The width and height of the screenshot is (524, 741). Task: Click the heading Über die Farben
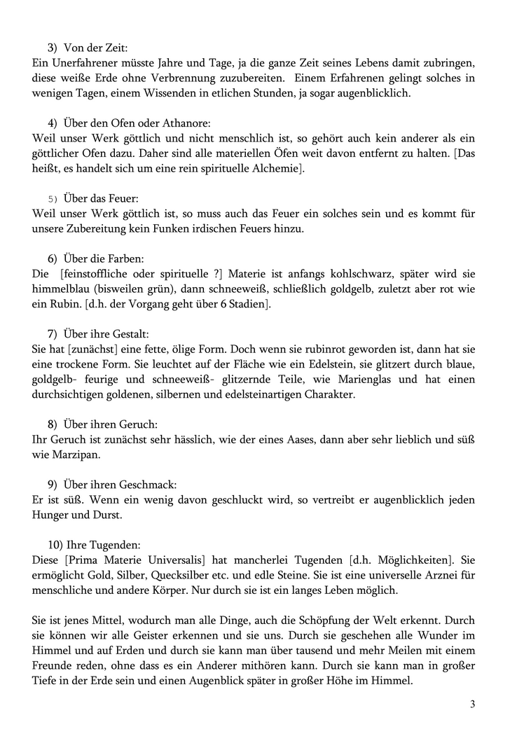click(104, 258)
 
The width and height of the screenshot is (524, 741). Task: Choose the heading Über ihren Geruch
click(110, 424)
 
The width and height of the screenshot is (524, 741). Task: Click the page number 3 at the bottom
click(472, 704)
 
